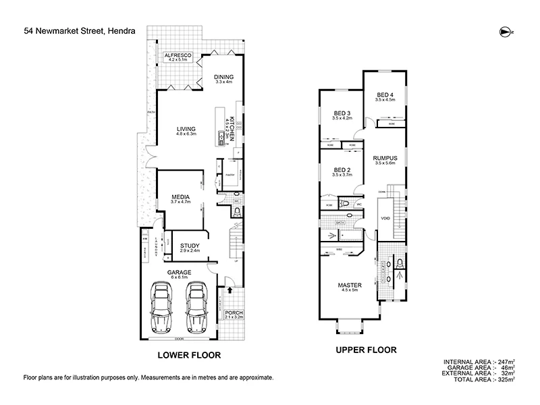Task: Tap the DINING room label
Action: tap(224, 77)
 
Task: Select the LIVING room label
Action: tap(186, 129)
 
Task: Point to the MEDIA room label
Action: tap(182, 197)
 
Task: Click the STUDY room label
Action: tap(190, 246)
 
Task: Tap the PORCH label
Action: tap(234, 313)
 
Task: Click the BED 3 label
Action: tap(342, 113)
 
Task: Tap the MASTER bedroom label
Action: tap(348, 286)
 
